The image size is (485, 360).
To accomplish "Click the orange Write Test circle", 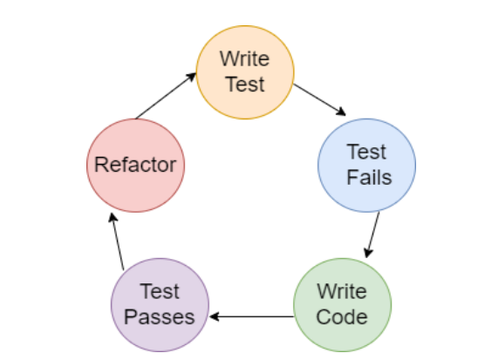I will point(243,72).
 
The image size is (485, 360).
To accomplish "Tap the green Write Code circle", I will point(342,302).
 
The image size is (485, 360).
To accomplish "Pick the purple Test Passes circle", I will point(160,302).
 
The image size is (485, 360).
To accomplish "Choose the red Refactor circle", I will point(137,165).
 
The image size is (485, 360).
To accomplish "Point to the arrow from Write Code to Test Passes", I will point(251,316).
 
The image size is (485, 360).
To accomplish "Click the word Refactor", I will point(137,165).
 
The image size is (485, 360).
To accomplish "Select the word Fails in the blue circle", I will point(368,177).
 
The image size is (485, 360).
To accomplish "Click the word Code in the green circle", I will point(342,315).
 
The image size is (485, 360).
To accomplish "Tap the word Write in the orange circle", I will point(243,60).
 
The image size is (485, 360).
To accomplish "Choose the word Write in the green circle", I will point(342,290).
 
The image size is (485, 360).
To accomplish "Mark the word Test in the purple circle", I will point(160,291).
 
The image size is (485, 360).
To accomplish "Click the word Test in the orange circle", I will point(243,85).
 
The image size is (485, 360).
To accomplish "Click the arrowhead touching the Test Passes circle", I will point(215,316).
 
